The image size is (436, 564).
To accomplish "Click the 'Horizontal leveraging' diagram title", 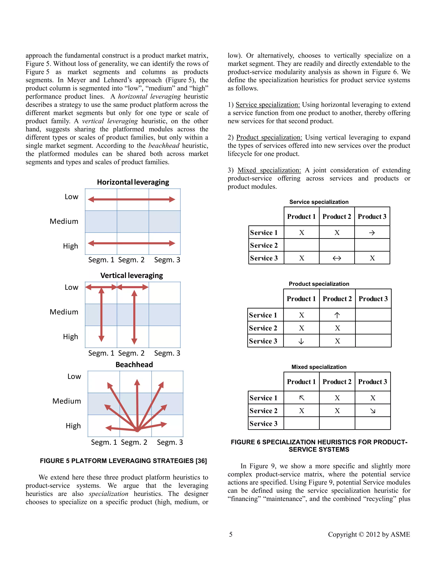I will click(x=133, y=182).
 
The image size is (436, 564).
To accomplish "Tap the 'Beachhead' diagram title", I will click(x=134, y=365).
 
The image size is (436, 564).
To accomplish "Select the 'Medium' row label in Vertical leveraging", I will click(x=64, y=312).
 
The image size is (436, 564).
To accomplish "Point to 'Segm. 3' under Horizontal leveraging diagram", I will click(x=167, y=260).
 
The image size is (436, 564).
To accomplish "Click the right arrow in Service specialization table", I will click(x=372, y=233).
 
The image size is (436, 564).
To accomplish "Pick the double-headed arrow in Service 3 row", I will click(x=337, y=258).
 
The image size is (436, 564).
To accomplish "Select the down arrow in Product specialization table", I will click(x=301, y=341).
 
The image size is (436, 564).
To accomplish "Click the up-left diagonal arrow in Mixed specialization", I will click(x=301, y=398).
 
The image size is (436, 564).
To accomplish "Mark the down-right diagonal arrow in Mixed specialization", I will click(x=373, y=411).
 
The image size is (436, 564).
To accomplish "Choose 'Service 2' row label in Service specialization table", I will click(x=264, y=246).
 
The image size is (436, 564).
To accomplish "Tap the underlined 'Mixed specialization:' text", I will click(x=269, y=170).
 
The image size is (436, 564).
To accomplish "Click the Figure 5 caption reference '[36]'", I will click(x=201, y=461).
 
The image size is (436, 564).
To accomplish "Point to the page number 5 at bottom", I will click(x=231, y=534).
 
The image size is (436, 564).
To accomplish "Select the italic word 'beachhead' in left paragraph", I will click(x=164, y=146).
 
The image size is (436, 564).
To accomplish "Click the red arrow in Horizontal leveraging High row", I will click(x=132, y=243).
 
